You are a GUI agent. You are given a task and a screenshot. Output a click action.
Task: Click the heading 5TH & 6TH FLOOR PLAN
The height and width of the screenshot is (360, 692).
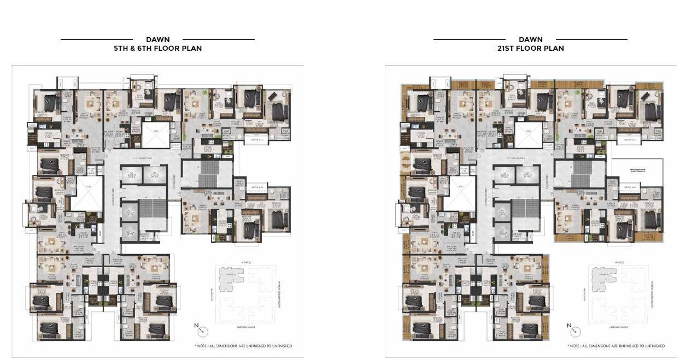pyautogui.click(x=157, y=48)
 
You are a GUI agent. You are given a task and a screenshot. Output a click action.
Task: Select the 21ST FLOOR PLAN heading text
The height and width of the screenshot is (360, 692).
pyautogui.click(x=530, y=48)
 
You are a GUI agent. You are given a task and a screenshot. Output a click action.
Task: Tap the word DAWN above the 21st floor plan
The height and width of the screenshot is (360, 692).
pyautogui.click(x=530, y=39)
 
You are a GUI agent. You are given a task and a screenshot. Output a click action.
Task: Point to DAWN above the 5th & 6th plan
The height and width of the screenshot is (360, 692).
pyautogui.click(x=157, y=39)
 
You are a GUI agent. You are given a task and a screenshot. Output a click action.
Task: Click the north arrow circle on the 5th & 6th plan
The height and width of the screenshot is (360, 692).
pyautogui.click(x=203, y=332)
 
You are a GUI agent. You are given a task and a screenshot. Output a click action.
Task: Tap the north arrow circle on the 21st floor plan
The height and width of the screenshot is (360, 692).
pyautogui.click(x=576, y=332)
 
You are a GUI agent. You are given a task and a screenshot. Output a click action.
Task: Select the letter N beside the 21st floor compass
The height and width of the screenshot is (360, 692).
pyautogui.click(x=569, y=326)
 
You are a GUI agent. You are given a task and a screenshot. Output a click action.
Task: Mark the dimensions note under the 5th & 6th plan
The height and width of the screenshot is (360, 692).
pyautogui.click(x=243, y=346)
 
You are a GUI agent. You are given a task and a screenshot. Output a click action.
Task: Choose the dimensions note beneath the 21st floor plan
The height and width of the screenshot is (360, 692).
pyautogui.click(x=616, y=346)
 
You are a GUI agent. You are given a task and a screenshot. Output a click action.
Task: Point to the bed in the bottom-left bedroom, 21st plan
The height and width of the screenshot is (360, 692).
pyautogui.click(x=421, y=328)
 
